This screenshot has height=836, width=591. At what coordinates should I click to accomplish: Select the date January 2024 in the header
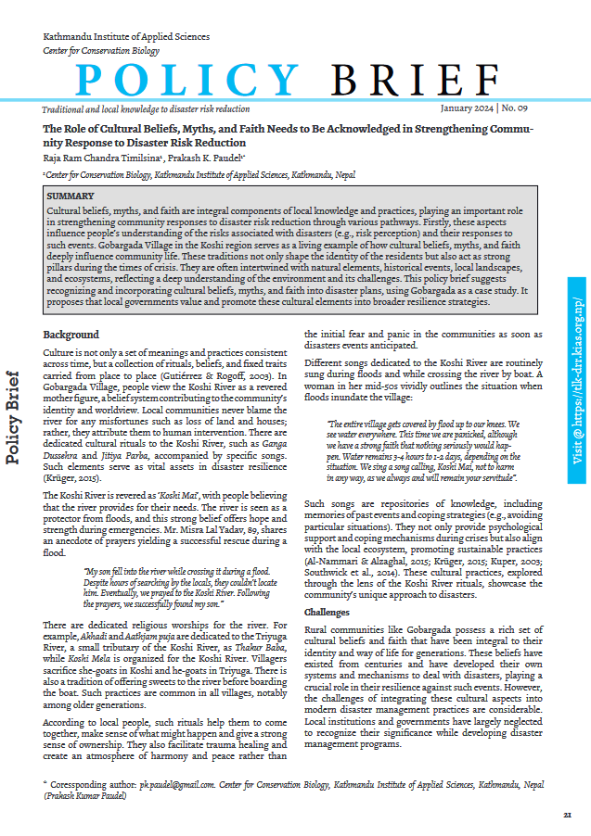coord(471,108)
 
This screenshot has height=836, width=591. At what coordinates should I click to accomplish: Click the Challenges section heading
coord(328,613)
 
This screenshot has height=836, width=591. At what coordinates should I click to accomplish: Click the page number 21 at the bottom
coord(566,815)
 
